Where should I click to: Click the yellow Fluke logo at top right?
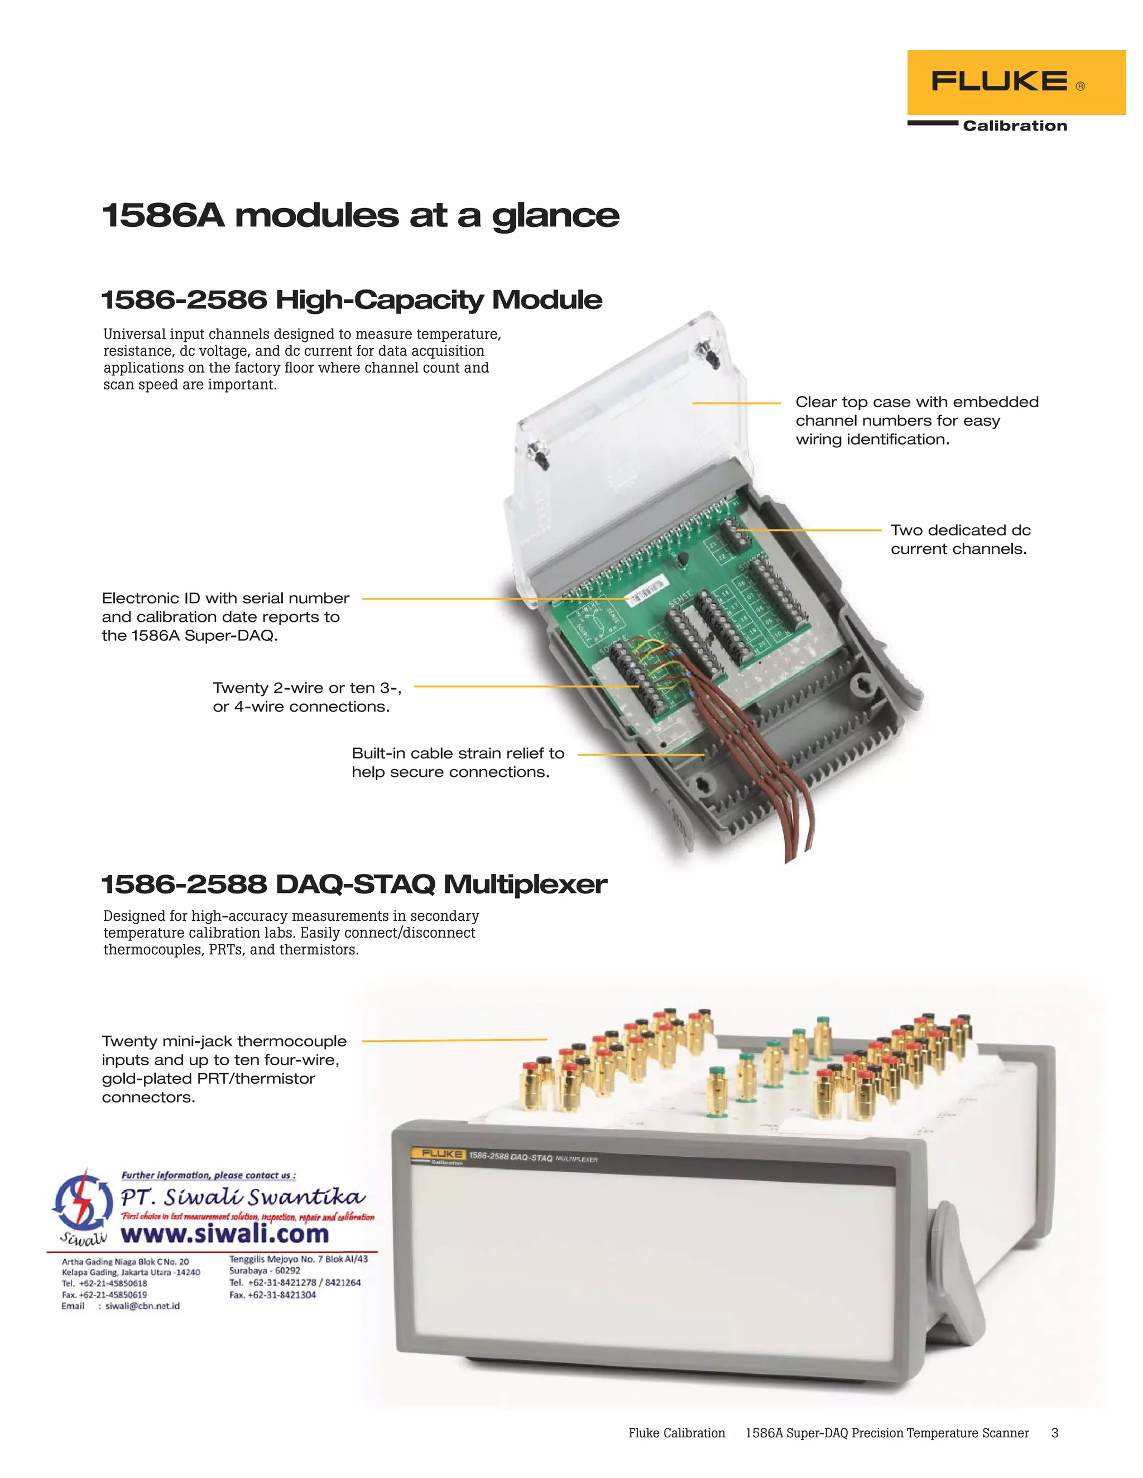(1015, 82)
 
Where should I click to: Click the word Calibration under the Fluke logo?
(1014, 126)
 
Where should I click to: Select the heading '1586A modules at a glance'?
(360, 216)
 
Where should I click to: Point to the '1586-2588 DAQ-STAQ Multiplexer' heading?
(353, 885)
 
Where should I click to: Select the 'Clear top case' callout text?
(916, 421)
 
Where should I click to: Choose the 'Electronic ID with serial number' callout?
(225, 616)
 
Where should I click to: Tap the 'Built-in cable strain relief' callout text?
(458, 762)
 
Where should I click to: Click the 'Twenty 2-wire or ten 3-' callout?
(307, 697)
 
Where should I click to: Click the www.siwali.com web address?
(225, 1234)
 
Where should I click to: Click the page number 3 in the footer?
(1054, 1433)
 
